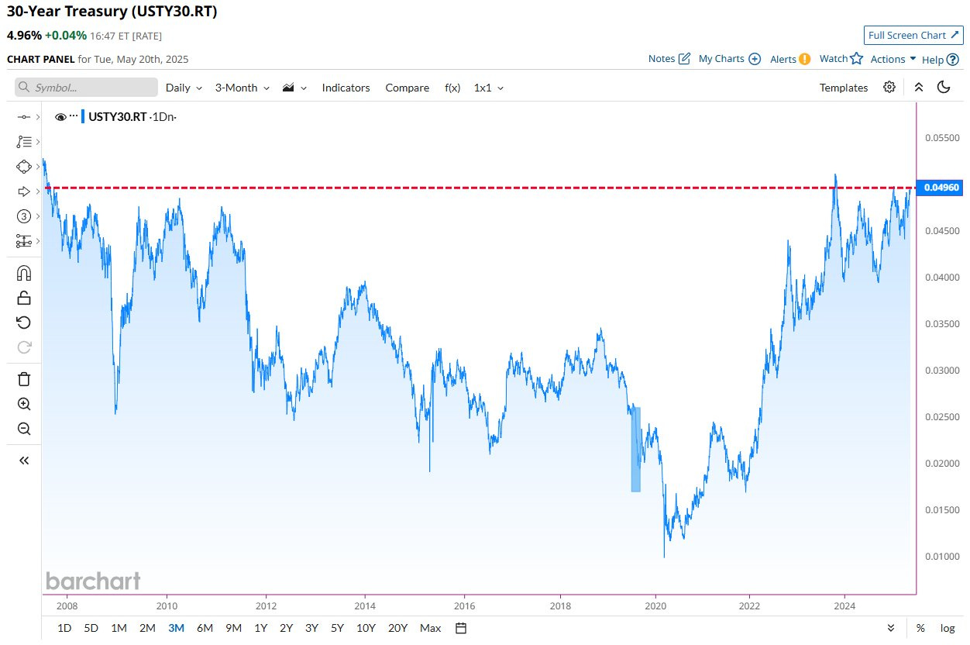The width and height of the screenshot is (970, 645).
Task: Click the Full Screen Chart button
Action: tap(913, 35)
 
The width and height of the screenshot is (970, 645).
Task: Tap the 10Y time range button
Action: tap(366, 628)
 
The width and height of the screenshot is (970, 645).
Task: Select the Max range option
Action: tap(430, 628)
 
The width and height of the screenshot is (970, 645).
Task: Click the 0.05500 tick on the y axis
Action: tap(941, 138)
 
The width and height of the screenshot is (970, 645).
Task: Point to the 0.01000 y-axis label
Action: tap(941, 557)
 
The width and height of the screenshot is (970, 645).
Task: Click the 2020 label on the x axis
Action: tap(655, 606)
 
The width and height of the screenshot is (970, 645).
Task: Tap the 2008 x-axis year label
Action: tap(67, 606)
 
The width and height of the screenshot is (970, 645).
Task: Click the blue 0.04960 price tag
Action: tap(941, 188)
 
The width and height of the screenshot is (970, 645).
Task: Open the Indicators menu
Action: tap(346, 88)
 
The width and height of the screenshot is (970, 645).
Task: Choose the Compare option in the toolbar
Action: tap(407, 88)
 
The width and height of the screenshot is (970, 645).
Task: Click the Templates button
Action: tap(843, 88)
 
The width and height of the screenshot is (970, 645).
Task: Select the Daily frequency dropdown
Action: tap(184, 88)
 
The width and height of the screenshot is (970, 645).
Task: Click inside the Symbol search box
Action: tap(86, 88)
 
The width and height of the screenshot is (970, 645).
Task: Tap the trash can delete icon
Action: tap(24, 379)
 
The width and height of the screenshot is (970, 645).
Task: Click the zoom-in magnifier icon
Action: tap(24, 404)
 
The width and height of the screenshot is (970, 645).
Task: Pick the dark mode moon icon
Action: tap(944, 87)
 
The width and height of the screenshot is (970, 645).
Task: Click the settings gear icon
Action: tap(889, 87)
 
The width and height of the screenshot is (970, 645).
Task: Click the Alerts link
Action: tap(789, 59)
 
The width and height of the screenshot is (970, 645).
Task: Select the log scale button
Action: tap(948, 628)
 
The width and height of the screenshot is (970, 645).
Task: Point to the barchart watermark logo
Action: tap(93, 581)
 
